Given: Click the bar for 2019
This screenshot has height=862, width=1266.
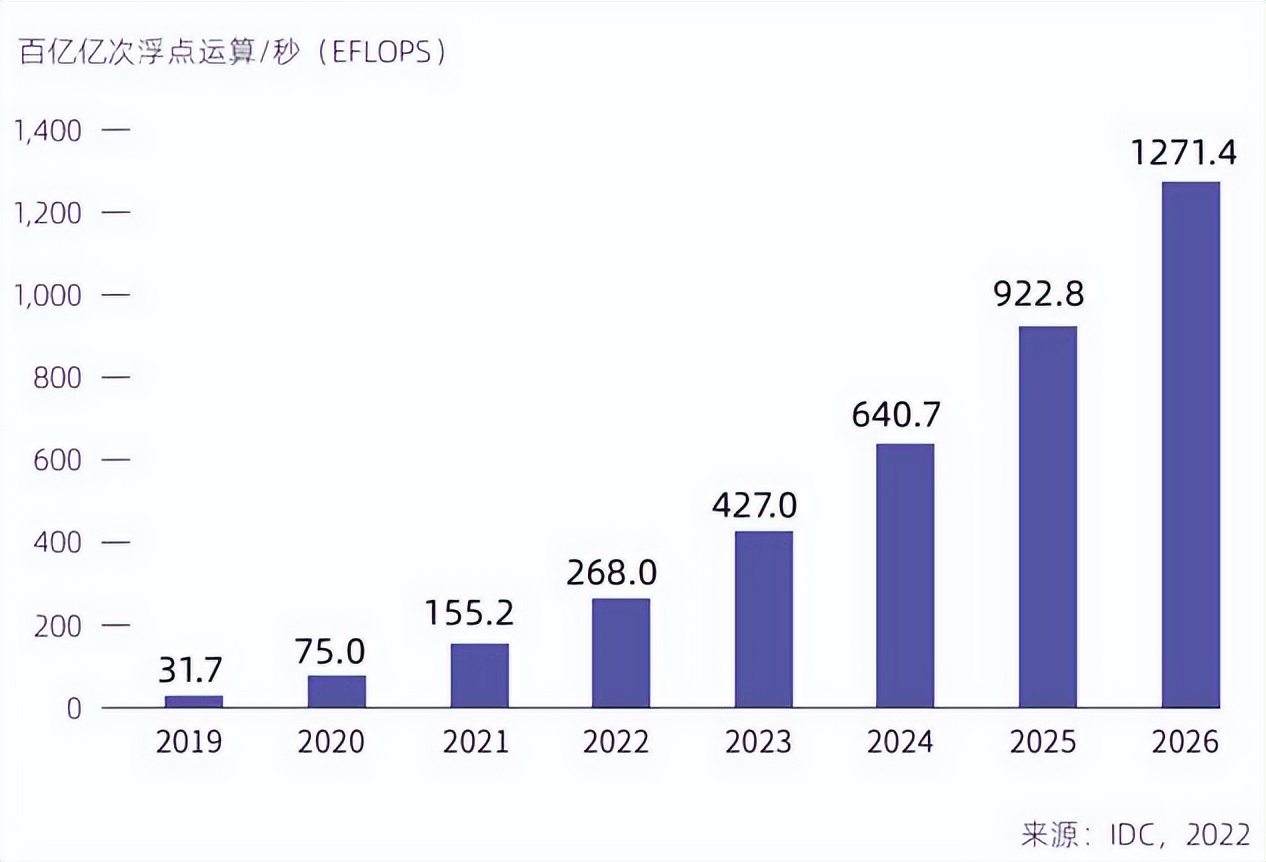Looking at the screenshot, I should [194, 701].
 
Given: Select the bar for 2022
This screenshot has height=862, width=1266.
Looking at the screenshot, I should [621, 653].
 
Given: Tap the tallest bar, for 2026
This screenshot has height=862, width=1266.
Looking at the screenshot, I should [1190, 445].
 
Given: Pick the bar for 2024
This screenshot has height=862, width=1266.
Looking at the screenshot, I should [905, 576].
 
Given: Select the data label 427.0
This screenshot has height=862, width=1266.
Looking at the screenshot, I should [762, 505].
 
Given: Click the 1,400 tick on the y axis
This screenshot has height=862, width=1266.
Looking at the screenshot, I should [46, 131].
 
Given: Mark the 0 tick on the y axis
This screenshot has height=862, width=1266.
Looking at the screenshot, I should [74, 708].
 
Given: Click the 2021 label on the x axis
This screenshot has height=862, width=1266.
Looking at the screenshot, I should [477, 743].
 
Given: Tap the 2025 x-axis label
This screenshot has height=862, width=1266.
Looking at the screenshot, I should [1045, 743].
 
